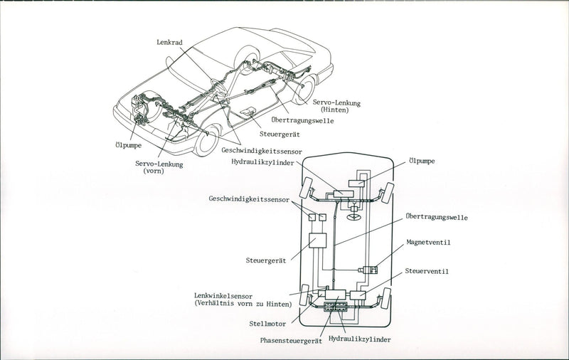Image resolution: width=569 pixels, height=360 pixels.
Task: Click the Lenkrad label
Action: [169, 43]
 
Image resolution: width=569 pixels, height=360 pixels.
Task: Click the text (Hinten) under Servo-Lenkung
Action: [338, 111]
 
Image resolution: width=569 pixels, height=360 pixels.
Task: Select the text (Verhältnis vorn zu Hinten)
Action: [243, 304]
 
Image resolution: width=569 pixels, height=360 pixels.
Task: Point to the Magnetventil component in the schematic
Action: [370, 270]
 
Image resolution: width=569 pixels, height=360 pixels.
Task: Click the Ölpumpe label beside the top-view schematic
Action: [422, 162]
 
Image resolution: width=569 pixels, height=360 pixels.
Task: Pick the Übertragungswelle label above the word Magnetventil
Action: [437, 216]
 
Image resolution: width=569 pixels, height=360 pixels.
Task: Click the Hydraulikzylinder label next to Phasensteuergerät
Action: [360, 341]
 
